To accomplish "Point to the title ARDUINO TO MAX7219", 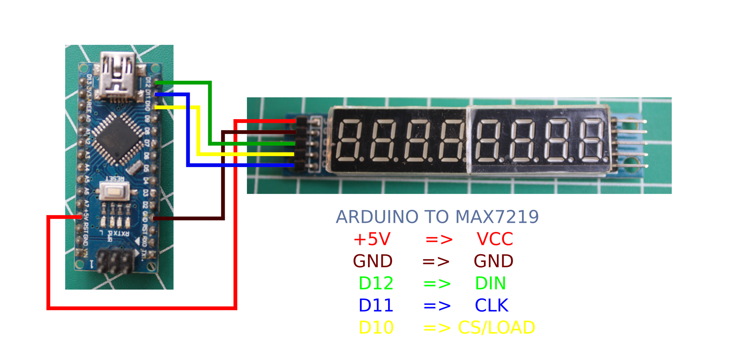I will (437, 217).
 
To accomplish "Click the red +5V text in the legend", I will (372, 239).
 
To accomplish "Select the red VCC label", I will (494, 239).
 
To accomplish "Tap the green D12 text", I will (375, 283).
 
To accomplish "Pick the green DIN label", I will (490, 283).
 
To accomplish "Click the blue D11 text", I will (375, 306).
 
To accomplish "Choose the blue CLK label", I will (491, 306).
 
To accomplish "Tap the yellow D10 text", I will (375, 328).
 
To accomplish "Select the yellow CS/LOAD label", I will (496, 328).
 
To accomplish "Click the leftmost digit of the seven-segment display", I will (349, 140).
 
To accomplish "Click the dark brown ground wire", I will (223, 176).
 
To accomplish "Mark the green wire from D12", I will (210, 113).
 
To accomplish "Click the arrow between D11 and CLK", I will (437, 306).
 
